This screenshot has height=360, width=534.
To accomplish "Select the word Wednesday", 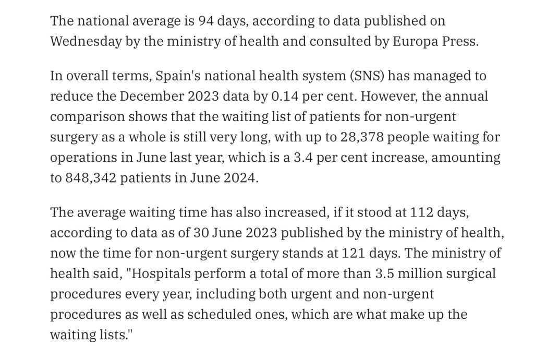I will coord(85,42).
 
